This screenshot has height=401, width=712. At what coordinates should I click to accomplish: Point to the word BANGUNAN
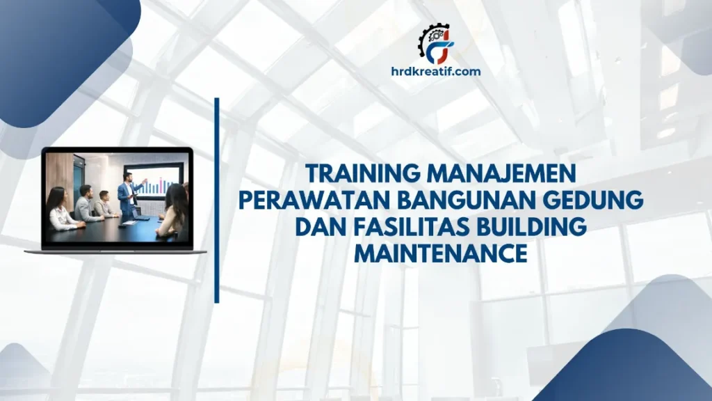[469, 201]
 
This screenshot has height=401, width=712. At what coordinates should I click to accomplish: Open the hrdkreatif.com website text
[435, 70]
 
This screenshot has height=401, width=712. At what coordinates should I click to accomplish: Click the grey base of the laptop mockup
[115, 251]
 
